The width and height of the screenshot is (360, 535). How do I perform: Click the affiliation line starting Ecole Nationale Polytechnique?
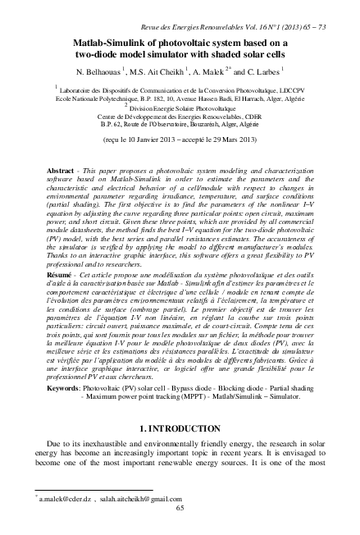(180, 98)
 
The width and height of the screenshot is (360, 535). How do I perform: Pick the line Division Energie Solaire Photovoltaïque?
(181, 106)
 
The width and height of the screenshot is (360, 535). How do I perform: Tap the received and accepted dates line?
(180, 141)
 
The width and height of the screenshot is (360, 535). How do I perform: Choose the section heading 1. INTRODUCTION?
(180, 429)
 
